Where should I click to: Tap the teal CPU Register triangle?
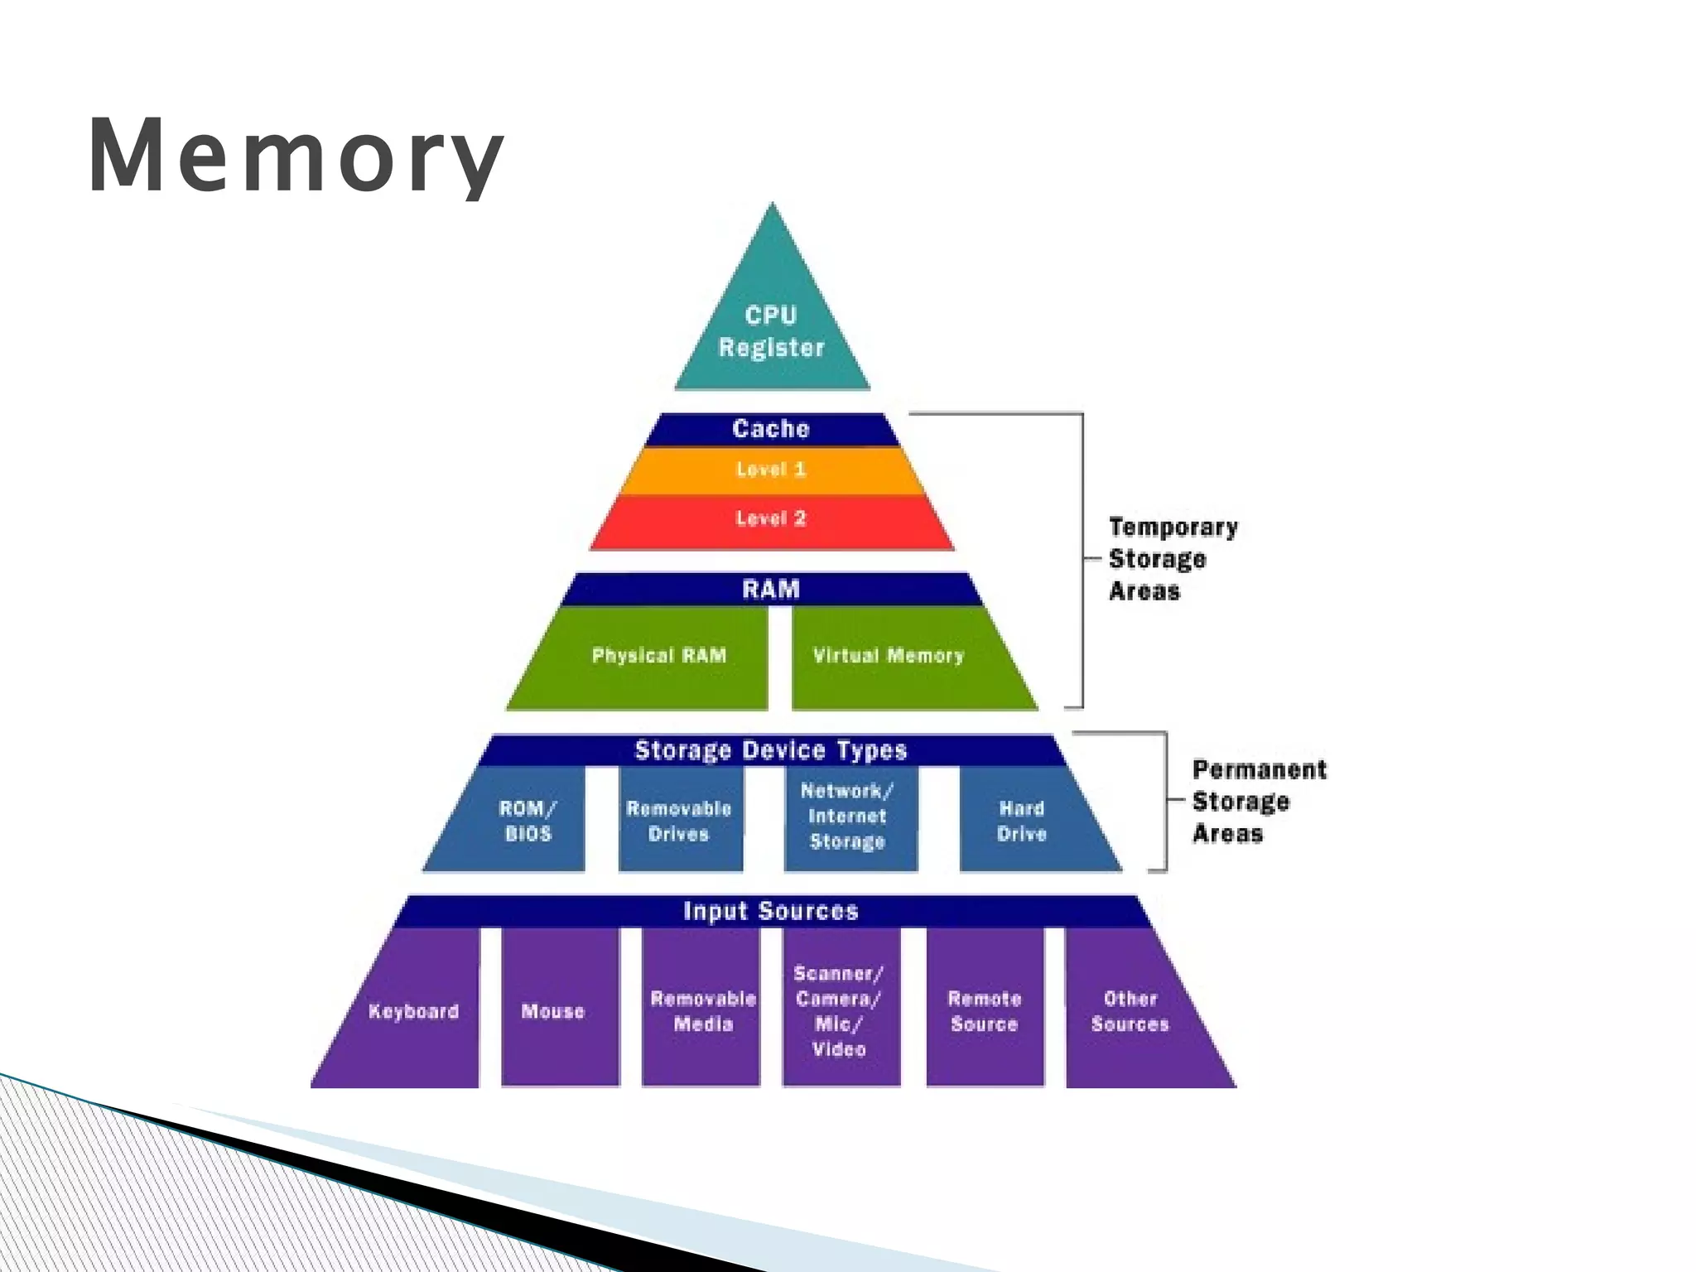pos(772,331)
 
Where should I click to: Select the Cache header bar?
pos(771,429)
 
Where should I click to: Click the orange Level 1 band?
pos(771,470)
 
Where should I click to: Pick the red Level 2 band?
pos(771,520)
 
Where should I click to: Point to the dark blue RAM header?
pos(771,590)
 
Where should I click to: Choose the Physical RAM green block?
pos(658,656)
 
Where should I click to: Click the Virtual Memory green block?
pos(889,656)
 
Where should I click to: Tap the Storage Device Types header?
pos(771,750)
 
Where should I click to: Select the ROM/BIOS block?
pos(528,821)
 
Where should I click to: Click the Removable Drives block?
pos(679,821)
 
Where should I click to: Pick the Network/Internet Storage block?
pos(848,817)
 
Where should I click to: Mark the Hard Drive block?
pos(1022,821)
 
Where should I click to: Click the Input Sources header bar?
pos(771,911)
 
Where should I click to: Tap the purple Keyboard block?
pos(413,1011)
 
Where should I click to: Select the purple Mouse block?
pos(554,1011)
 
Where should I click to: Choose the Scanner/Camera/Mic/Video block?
pos(840,1011)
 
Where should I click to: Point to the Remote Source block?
pos(984,1011)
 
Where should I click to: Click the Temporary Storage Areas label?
pos(1172,559)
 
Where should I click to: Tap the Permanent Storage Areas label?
pos(1257,802)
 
